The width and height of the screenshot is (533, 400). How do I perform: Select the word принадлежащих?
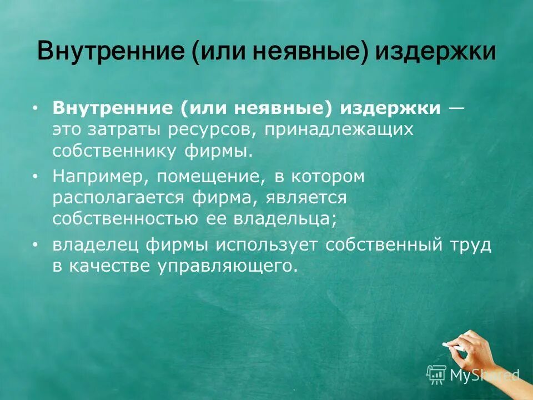pyautogui.click(x=339, y=130)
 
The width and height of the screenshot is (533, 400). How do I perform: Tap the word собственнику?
pyautogui.click(x=113, y=151)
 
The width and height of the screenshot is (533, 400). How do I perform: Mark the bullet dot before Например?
pyautogui.click(x=36, y=176)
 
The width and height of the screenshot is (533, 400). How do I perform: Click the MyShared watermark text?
pyautogui.click(x=484, y=375)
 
